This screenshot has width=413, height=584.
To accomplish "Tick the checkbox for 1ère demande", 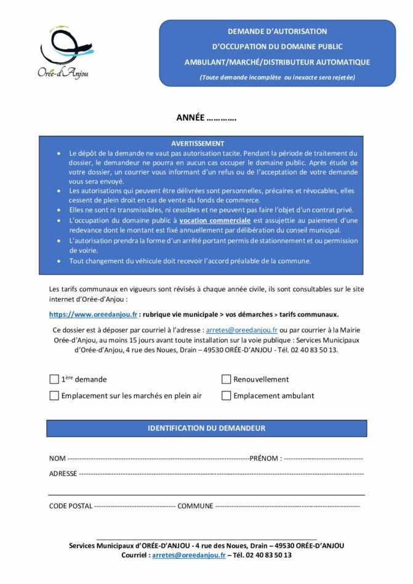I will click(x=54, y=379).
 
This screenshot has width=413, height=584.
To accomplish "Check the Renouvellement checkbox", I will click(x=226, y=379).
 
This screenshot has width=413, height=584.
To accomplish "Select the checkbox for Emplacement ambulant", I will click(x=226, y=396).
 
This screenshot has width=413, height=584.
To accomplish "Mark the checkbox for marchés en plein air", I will click(x=54, y=396).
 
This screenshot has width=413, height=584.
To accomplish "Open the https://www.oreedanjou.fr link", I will click(x=93, y=314).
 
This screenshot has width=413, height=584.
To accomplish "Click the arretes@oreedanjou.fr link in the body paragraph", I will click(x=241, y=330).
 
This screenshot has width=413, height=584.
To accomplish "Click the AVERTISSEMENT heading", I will click(x=198, y=143).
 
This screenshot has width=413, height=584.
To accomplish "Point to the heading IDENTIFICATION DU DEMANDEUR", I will click(x=206, y=428).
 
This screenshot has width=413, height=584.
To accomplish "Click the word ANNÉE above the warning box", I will click(x=191, y=118).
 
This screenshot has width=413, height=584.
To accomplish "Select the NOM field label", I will click(x=57, y=459).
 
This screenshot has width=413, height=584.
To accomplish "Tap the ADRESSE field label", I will click(x=63, y=474).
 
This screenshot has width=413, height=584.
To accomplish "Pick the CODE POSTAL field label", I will click(x=71, y=506).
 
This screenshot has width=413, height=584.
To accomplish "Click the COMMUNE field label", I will click(x=195, y=506).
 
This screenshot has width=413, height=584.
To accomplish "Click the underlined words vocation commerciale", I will click(x=215, y=220).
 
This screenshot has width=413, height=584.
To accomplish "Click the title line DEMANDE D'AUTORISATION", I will click(x=277, y=31).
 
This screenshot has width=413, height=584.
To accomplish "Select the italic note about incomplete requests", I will click(x=277, y=77).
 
